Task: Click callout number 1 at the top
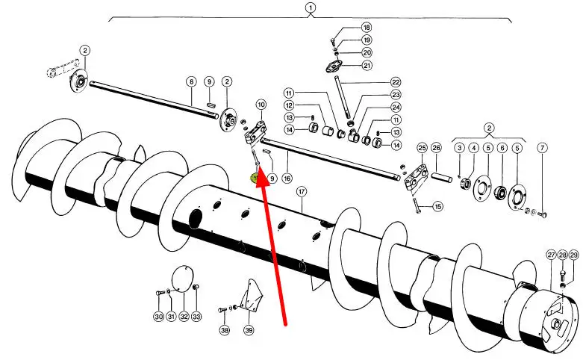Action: (x=310, y=8)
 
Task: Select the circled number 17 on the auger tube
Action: (x=302, y=192)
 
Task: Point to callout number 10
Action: (x=261, y=105)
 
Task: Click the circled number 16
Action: (x=287, y=179)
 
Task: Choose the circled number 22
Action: (x=396, y=82)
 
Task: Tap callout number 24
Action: (x=396, y=107)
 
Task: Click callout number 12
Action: (x=289, y=106)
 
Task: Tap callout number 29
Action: (x=574, y=255)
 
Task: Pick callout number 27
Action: (x=552, y=255)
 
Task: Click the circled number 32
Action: (x=184, y=317)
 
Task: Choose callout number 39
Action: (x=249, y=330)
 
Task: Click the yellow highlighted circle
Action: (x=255, y=179)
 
